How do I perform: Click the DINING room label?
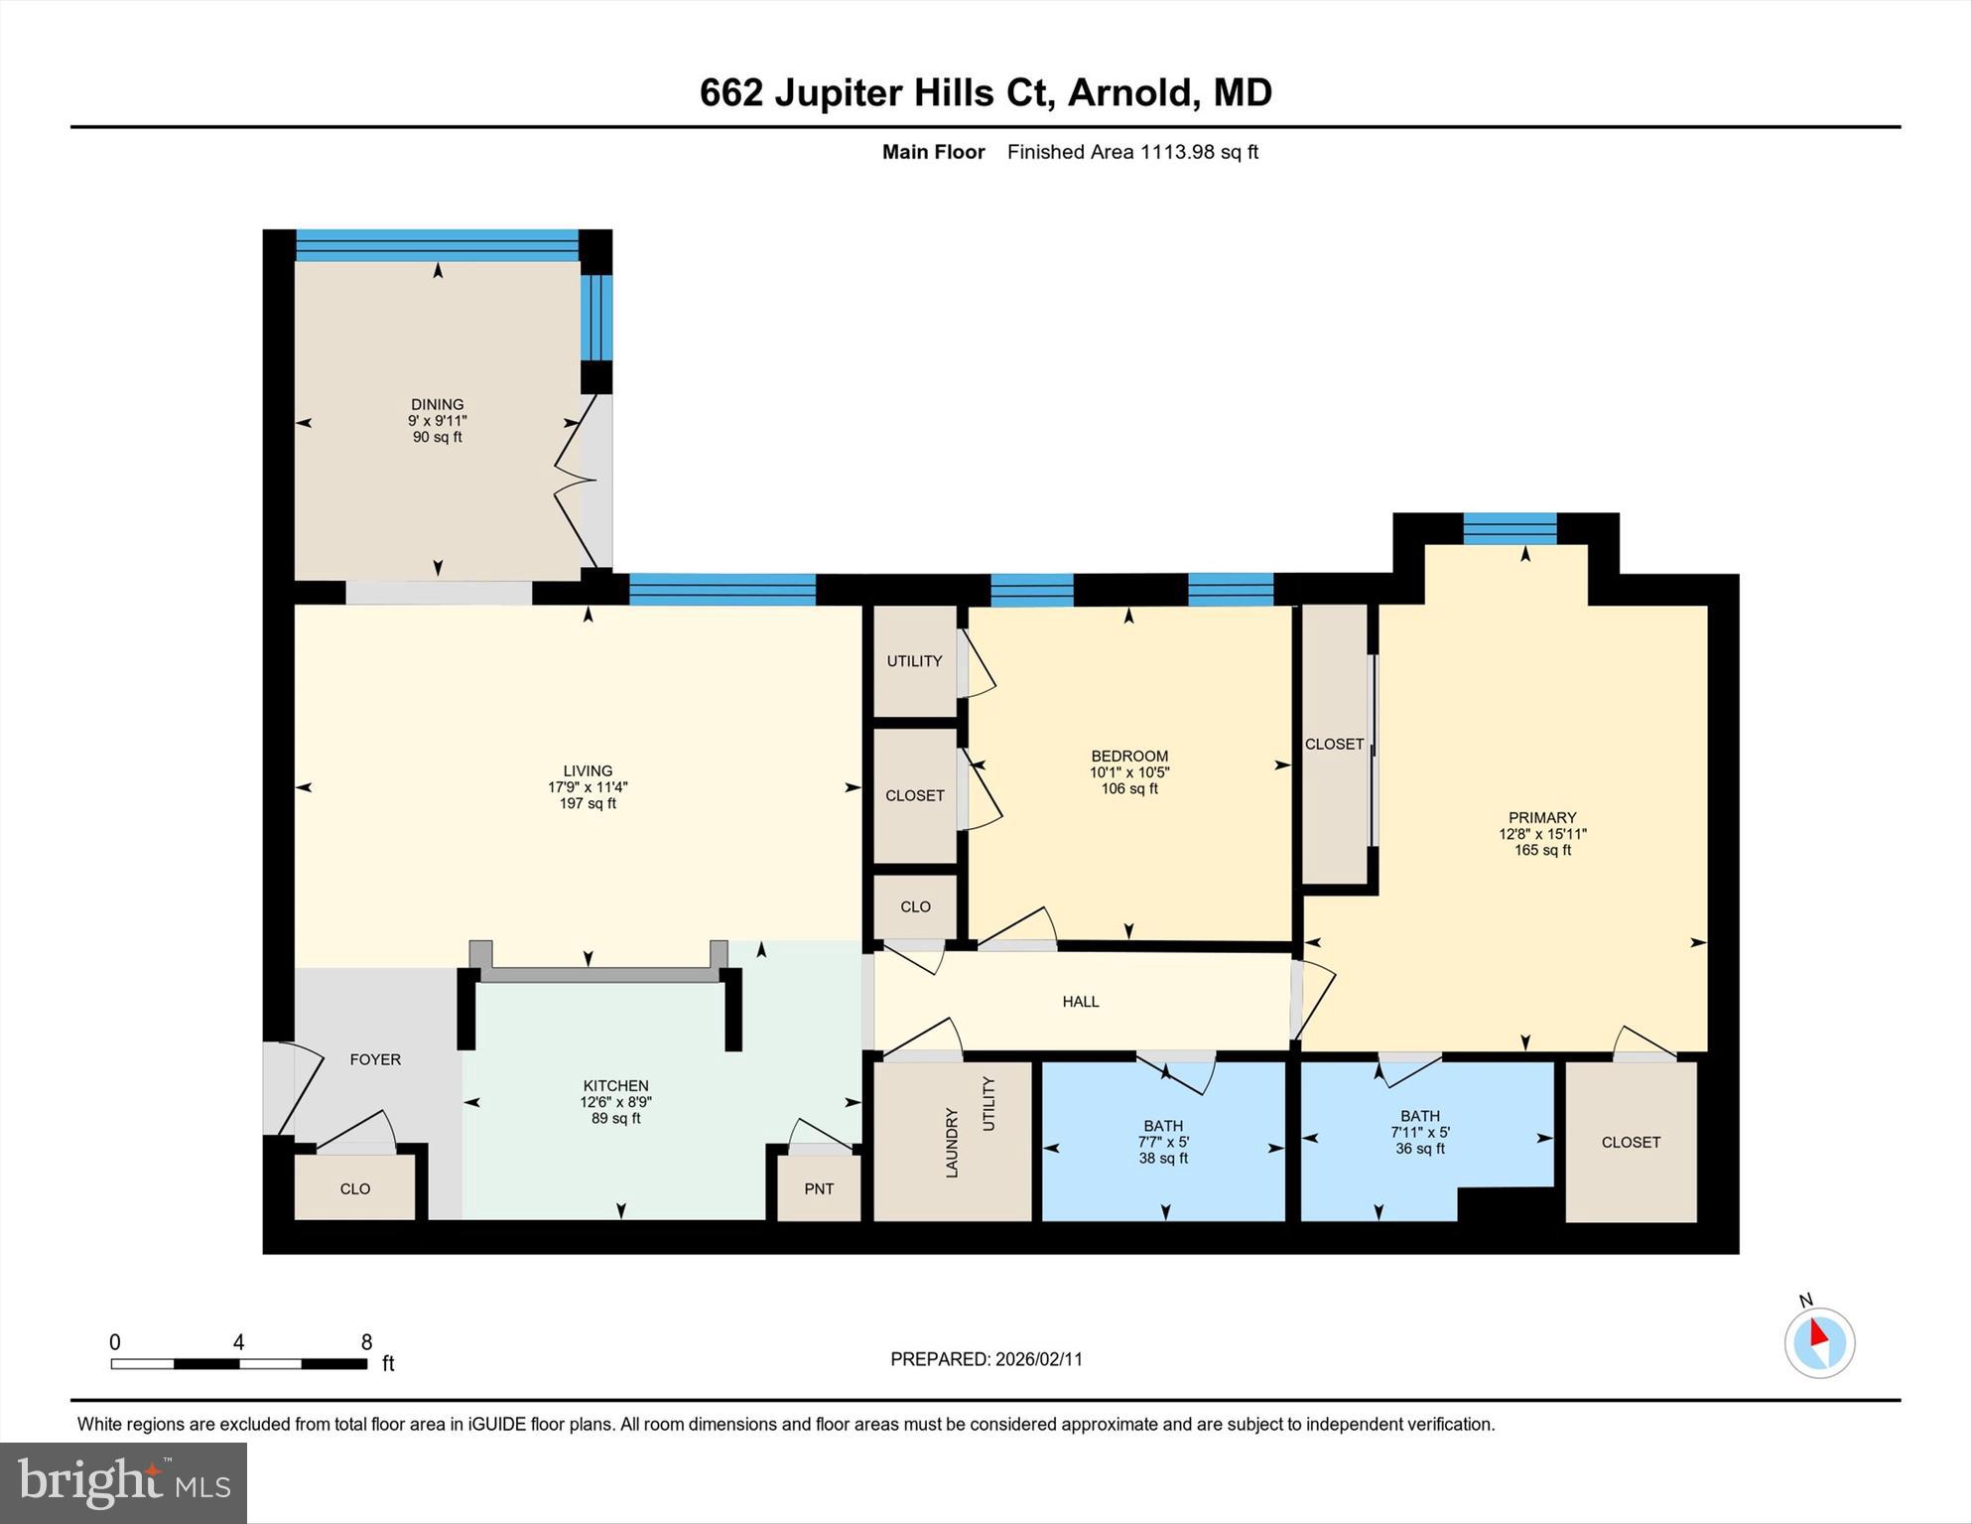click(x=437, y=404)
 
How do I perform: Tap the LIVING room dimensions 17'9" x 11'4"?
click(x=588, y=787)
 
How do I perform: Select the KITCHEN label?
click(x=615, y=1085)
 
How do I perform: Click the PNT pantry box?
click(x=819, y=1188)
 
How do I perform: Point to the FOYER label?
click(x=375, y=1059)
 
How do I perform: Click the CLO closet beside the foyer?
click(x=354, y=1188)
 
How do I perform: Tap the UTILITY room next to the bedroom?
click(x=914, y=661)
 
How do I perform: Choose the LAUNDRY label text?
click(x=952, y=1143)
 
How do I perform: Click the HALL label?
click(x=1081, y=1002)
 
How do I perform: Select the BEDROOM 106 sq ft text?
click(x=1129, y=789)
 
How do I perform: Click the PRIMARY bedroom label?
click(x=1542, y=818)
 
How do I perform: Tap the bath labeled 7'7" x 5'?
click(x=1163, y=1142)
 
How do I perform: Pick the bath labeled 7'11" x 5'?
click(x=1420, y=1132)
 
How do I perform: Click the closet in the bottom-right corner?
click(x=1631, y=1143)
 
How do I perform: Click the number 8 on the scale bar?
click(x=366, y=1342)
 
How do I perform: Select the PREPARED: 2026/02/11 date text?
click(x=986, y=1359)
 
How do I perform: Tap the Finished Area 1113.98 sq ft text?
click(x=1132, y=152)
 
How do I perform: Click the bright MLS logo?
click(x=123, y=1482)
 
